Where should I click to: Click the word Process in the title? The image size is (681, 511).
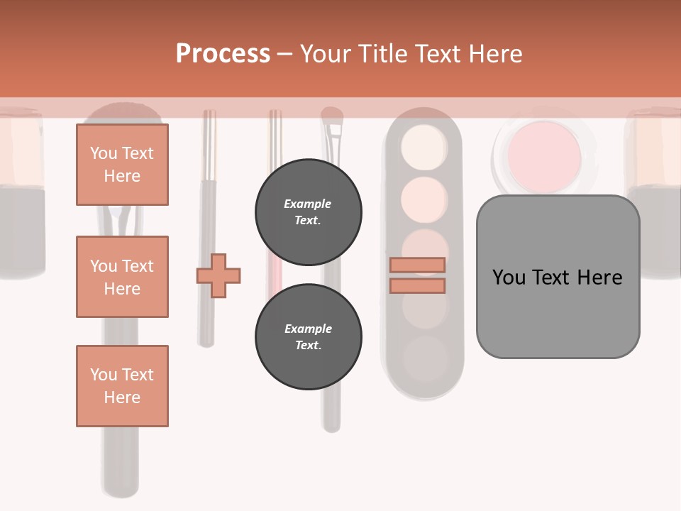coord(223,54)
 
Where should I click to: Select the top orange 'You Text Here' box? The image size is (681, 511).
coord(122,165)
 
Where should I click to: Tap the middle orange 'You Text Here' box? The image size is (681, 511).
coord(122,277)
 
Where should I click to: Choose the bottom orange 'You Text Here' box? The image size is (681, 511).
coord(122,386)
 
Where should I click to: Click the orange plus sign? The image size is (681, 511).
coord(218,275)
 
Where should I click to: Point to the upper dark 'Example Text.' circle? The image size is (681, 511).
coord(309,212)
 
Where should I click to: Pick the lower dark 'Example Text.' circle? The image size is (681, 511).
coord(309,337)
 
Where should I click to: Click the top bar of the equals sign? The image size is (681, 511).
coord(418,265)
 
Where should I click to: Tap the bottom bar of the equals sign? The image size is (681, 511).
coord(418,285)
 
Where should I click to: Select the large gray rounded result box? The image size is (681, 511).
coord(558,277)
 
